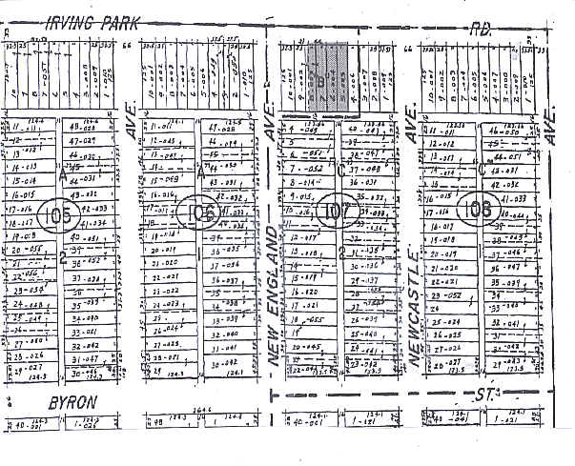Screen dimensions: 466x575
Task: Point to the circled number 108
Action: (474, 207)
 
